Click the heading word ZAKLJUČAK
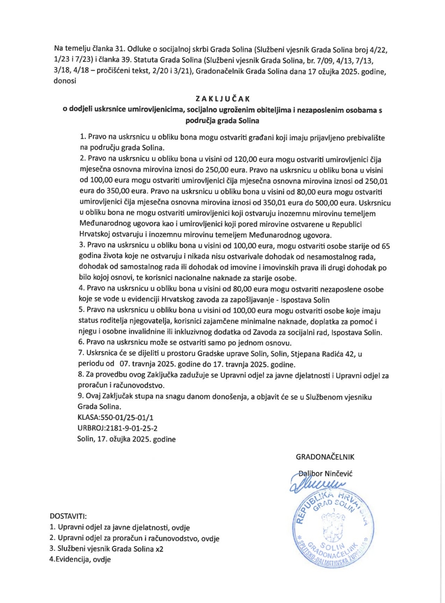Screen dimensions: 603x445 pyautogui.click(x=222, y=99)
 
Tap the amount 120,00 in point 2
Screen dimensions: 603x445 pyautogui.click(x=245, y=159)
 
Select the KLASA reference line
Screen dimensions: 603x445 pyautogui.click(x=115, y=418)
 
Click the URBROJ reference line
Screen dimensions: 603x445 pyautogui.click(x=117, y=428)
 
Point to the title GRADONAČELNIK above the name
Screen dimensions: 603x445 pyautogui.click(x=325, y=457)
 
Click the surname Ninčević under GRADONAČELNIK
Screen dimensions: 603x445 pyautogui.click(x=338, y=474)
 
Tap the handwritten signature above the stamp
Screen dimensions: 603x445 pyautogui.click(x=317, y=483)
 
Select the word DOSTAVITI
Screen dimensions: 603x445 pyautogui.click(x=68, y=516)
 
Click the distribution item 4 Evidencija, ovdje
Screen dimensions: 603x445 pyautogui.click(x=80, y=559)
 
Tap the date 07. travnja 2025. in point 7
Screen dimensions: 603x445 pyautogui.click(x=148, y=364)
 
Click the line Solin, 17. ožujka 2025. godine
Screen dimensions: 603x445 pyautogui.click(x=126, y=439)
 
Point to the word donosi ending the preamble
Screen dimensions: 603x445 pyautogui.click(x=65, y=81)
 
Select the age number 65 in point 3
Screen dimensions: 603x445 pyautogui.click(x=386, y=246)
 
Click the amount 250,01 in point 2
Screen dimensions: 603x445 pyautogui.click(x=376, y=181)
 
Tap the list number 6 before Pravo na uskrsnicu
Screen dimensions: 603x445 pyautogui.click(x=81, y=343)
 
